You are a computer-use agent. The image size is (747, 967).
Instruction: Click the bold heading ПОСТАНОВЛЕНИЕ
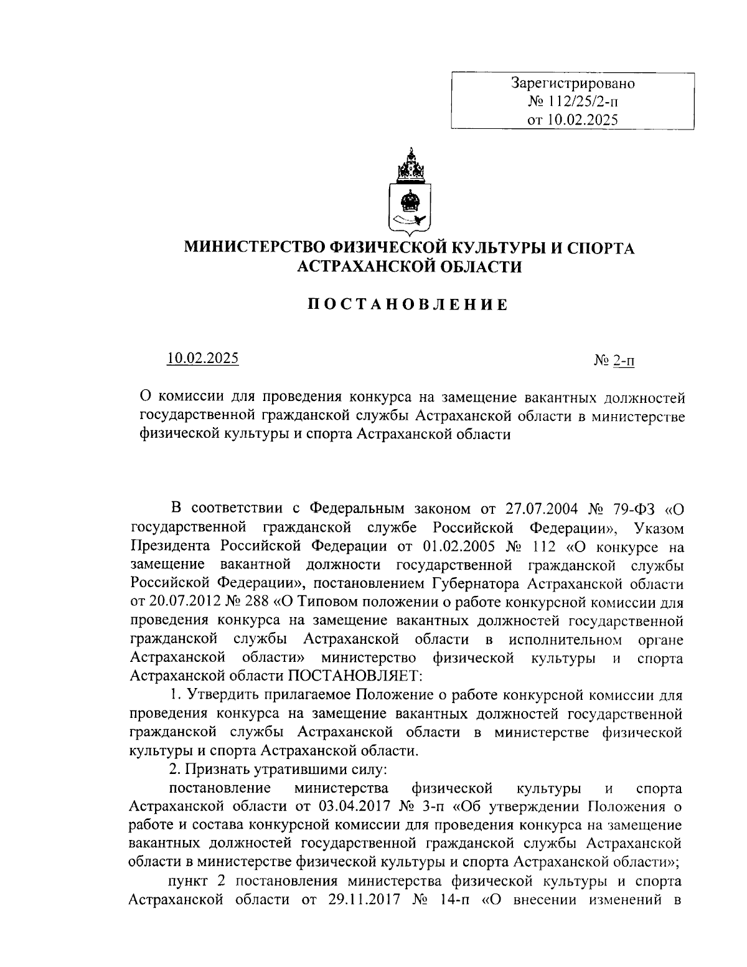click(x=409, y=304)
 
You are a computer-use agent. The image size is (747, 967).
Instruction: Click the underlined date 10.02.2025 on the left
click(x=203, y=359)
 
